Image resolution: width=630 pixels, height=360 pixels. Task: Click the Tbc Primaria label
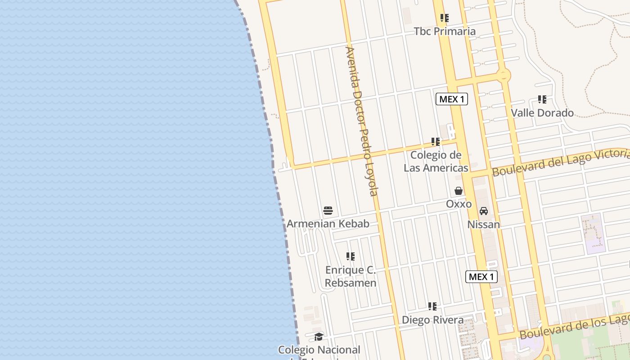tap(445, 31)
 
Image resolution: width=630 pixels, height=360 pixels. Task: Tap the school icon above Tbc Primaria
tap(445, 18)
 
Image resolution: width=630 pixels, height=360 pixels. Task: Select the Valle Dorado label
tap(542, 112)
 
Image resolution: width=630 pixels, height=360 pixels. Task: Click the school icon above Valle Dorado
tap(542, 99)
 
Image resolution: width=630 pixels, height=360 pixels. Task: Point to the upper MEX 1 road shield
tap(452, 99)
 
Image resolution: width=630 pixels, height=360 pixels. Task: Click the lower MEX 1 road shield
tap(481, 277)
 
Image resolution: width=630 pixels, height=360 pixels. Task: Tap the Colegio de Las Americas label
tap(436, 162)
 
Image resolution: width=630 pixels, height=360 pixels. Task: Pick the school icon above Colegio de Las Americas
tap(436, 142)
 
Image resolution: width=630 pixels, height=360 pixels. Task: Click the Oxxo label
tap(459, 204)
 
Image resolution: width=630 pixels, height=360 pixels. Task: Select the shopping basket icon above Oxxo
tap(459, 191)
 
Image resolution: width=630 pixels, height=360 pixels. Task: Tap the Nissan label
tap(484, 224)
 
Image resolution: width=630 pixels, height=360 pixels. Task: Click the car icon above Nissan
tap(484, 211)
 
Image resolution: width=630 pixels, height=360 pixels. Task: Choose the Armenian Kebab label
tap(328, 224)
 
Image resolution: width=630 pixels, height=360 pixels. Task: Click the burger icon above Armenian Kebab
tap(328, 210)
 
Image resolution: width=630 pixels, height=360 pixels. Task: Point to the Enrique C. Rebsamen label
tap(351, 276)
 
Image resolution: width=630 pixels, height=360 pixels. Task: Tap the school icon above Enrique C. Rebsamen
tap(351, 256)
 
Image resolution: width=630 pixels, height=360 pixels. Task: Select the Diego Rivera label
tap(432, 320)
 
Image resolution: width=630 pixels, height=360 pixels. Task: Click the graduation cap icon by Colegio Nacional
tap(319, 337)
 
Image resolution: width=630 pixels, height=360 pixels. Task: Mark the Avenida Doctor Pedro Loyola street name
tap(361, 121)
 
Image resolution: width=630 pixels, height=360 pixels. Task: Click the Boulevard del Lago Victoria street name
tap(560, 163)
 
